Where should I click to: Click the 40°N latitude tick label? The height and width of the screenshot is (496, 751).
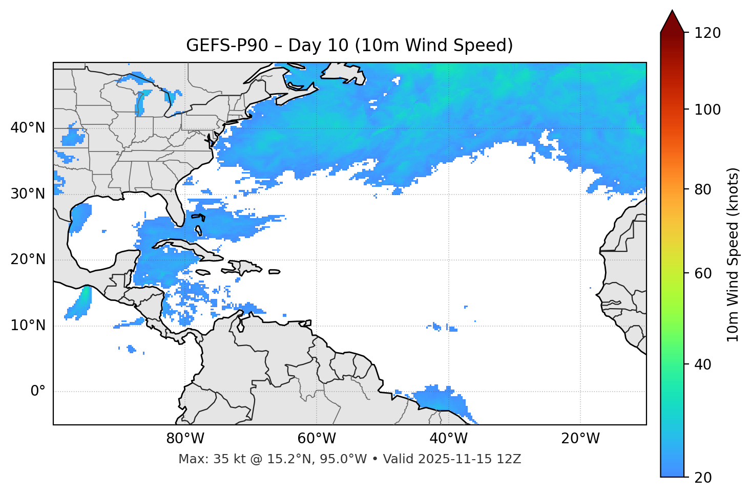click(x=28, y=128)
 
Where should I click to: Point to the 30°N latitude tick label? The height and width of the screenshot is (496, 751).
click(x=28, y=194)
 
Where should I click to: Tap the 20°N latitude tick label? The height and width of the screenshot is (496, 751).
click(x=28, y=260)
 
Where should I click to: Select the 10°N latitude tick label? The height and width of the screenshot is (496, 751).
click(x=28, y=326)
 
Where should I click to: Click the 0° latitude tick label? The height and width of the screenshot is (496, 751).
click(x=38, y=392)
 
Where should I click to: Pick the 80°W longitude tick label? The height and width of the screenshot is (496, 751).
click(x=185, y=439)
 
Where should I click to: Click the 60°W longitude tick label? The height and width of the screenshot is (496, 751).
click(x=317, y=439)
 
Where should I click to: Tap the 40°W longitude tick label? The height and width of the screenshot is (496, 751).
click(x=448, y=439)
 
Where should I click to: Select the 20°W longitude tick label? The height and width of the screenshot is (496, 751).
click(x=580, y=439)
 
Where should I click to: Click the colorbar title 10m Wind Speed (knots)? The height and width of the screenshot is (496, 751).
click(x=733, y=254)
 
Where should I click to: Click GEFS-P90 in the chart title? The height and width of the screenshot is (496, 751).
click(x=226, y=46)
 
